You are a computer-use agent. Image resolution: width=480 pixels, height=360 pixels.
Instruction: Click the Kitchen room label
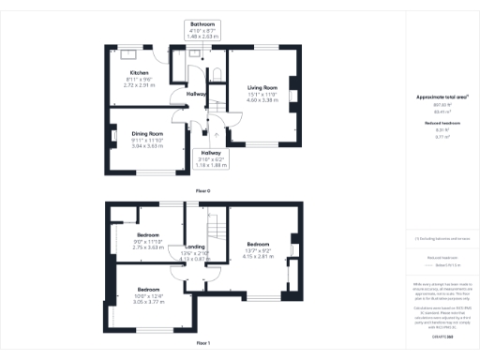point(140,72)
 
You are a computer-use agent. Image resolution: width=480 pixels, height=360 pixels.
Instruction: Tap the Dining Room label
point(147,134)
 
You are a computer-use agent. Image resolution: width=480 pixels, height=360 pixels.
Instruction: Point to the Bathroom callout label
point(202,24)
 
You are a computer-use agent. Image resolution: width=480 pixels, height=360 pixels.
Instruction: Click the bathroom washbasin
point(196,54)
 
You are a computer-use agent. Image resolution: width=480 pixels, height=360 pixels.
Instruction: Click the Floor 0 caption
point(202,190)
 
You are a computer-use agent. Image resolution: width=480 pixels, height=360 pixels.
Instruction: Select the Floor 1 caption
point(202,344)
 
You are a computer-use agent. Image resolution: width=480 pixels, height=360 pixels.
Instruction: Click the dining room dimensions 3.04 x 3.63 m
point(147,145)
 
